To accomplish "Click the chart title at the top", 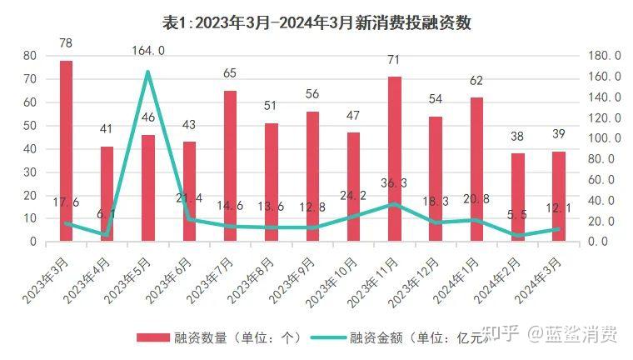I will click(316, 22).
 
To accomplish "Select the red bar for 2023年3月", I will click(66, 151).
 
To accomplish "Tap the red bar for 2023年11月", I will click(395, 158).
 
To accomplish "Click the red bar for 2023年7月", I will click(230, 166).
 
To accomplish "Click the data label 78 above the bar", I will click(66, 42).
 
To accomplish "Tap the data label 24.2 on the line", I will click(353, 197).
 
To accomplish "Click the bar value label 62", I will click(476, 81).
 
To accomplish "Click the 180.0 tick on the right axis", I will click(606, 56).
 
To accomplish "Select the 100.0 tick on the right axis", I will click(606, 138).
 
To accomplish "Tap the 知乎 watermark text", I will click(502, 337).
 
